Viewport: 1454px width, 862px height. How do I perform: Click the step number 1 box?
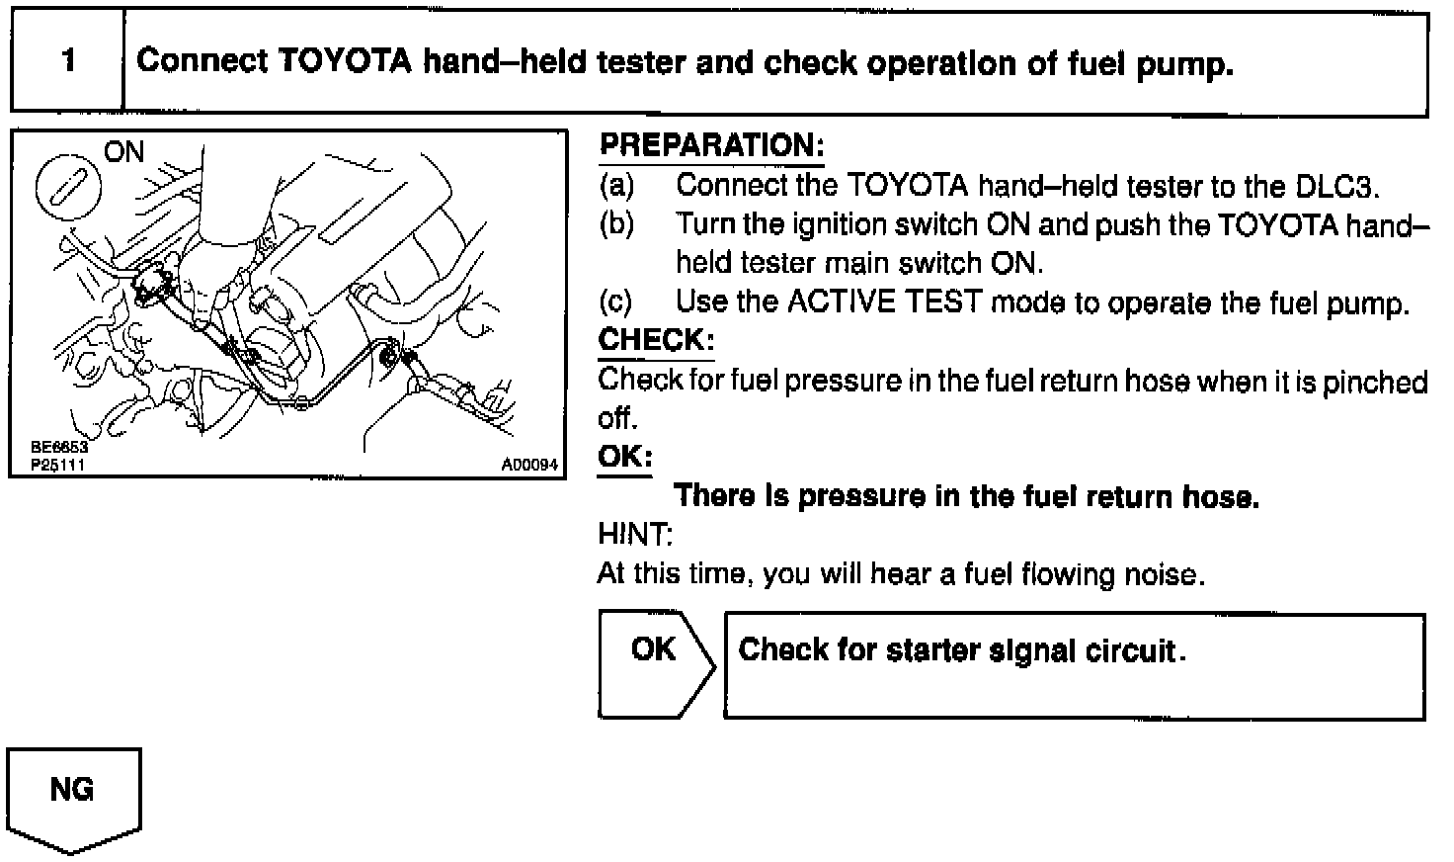point(67,61)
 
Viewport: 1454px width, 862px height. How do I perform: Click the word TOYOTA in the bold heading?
point(345,62)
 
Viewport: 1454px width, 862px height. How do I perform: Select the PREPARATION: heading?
point(711,146)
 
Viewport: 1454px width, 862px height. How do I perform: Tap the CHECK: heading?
point(655,341)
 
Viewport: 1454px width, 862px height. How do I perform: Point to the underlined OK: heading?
point(624,457)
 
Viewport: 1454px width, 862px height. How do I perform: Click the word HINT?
point(635,535)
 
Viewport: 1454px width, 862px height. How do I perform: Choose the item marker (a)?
point(617,186)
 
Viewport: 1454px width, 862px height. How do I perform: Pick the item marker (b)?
point(617,225)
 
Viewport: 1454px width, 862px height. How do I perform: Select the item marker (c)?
point(617,302)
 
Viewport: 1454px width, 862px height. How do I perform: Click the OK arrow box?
point(654,663)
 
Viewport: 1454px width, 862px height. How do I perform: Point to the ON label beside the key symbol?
point(123,152)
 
